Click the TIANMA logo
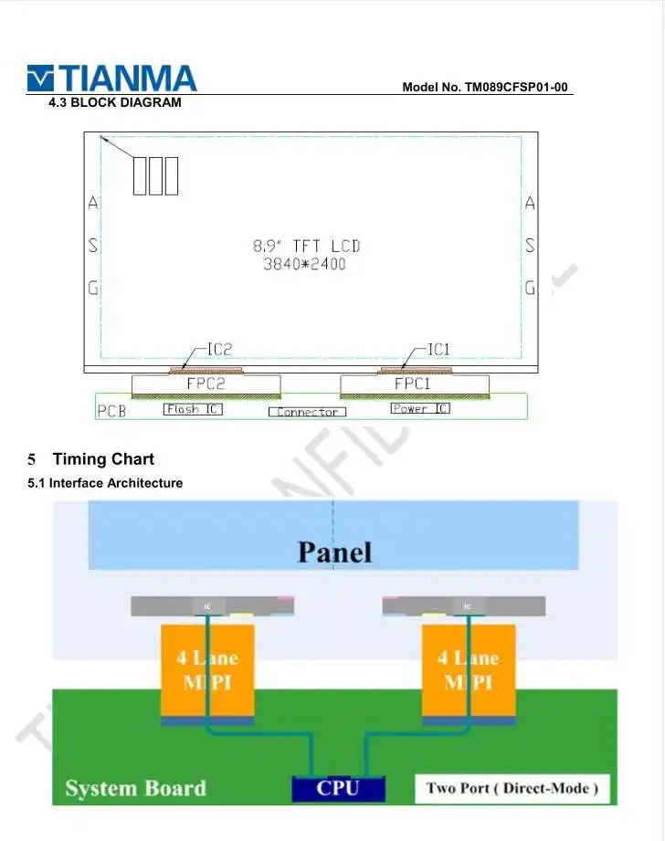pos(111,79)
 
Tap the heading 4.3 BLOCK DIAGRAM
pos(115,102)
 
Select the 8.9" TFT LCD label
pos(307,246)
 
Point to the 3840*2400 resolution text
pos(305,265)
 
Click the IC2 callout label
pos(219,349)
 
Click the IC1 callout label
pos(438,349)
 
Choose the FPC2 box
pos(206,384)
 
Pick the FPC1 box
pos(413,384)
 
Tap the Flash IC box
pos(193,409)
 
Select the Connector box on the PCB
pos(307,412)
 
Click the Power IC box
pos(420,409)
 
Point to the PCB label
pos(111,411)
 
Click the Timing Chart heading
pos(103,459)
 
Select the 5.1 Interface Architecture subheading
pos(105,483)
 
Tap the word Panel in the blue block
pos(335,552)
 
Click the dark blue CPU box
pos(338,788)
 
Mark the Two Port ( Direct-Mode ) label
pos(512,788)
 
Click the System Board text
pos(136,788)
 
